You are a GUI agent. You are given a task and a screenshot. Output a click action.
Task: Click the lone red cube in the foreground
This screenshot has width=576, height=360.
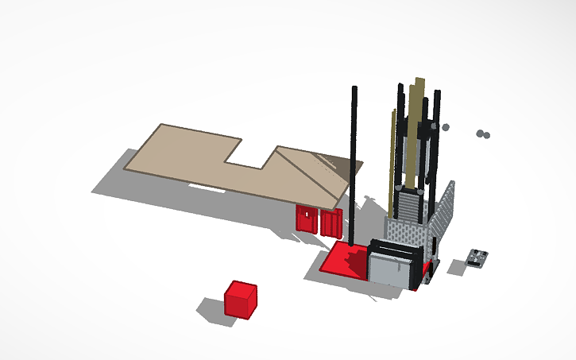tap(240, 299)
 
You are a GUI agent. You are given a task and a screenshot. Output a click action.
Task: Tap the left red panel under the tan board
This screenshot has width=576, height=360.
tap(305, 219)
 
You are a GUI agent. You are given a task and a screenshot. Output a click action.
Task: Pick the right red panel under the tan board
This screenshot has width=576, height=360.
tap(331, 223)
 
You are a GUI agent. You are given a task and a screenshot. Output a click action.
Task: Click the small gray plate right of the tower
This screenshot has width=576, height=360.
tap(478, 257)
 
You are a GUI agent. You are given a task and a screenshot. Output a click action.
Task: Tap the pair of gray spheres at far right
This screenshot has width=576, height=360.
tap(483, 134)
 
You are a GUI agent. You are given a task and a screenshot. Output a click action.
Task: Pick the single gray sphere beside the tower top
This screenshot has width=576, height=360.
tap(446, 127)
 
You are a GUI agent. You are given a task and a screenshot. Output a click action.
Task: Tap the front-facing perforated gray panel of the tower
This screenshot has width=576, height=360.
tap(409, 234)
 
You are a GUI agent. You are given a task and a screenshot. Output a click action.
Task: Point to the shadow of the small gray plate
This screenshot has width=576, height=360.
tap(457, 267)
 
